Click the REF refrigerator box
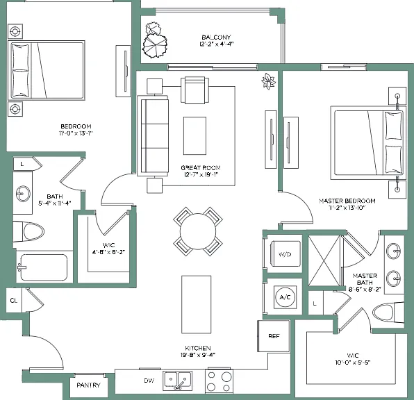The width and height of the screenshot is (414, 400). pos(274,336)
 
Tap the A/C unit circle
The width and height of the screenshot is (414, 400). pos(285,297)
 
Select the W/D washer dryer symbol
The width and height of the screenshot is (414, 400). pos(285,254)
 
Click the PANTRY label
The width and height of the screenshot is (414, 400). pos(88,385)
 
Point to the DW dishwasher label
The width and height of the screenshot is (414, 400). pos(149,381)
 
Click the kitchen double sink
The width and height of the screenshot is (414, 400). pos(177,381)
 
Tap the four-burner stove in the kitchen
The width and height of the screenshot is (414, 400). pos(219,381)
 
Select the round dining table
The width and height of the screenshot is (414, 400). pos(198,231)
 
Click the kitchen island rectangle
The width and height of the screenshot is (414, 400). pos(196,304)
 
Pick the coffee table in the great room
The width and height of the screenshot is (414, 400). pos(195,135)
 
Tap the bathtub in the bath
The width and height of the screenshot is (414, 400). pos(44,267)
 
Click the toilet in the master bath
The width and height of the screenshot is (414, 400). pos(388,312)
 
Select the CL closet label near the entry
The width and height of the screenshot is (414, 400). pos(14,301)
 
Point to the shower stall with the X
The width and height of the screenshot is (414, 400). pos(324,260)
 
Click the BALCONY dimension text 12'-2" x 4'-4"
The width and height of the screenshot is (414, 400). pos(216,44)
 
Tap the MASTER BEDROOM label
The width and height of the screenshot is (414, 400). pos(347,201)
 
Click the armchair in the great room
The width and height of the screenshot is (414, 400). pos(195,90)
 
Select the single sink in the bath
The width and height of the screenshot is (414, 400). pos(23,194)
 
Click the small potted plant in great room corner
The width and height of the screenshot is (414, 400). pos(268,81)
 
